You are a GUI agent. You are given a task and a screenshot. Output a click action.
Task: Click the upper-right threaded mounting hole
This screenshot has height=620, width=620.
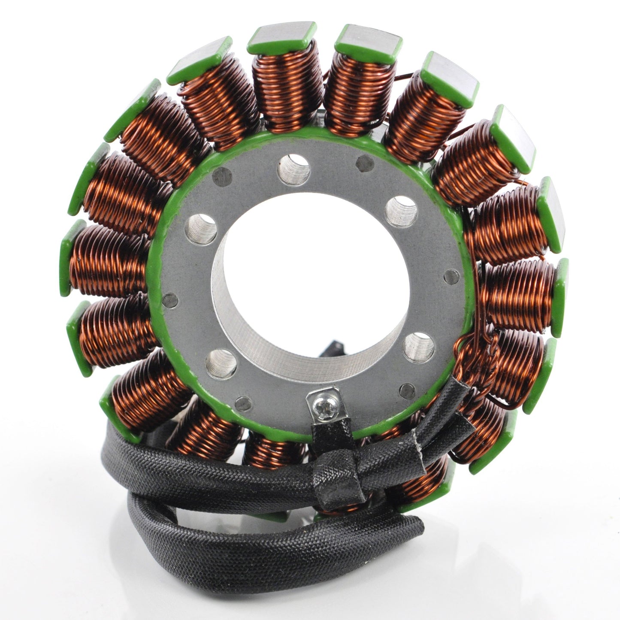click(401, 212)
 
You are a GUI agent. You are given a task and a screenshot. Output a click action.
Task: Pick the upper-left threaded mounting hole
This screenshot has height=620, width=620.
click(201, 228)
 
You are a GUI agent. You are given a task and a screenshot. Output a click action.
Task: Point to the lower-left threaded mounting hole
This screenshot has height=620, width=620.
click(221, 364)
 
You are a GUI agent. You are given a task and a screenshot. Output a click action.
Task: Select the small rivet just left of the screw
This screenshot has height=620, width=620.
click(244, 403)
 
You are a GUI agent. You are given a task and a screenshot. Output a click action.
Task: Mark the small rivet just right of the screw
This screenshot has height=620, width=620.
click(407, 390)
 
